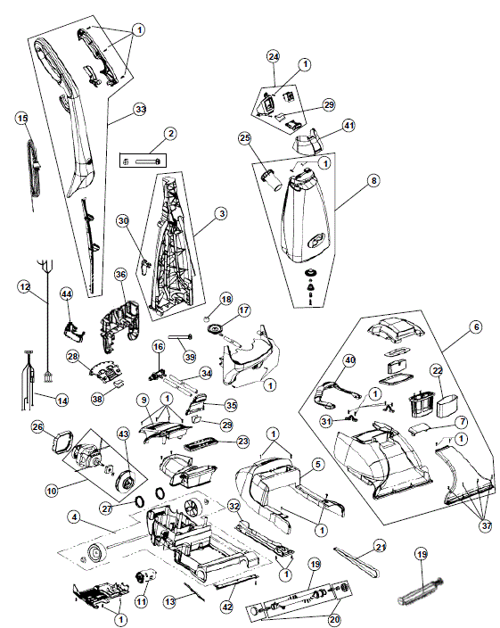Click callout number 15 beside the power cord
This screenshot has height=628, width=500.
pyautogui.click(x=22, y=118)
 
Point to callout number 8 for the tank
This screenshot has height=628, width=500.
pyautogui.click(x=373, y=179)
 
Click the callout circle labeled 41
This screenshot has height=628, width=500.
pyautogui.click(x=348, y=125)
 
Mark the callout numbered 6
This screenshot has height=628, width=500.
pyautogui.click(x=476, y=327)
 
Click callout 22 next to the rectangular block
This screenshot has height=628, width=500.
pyautogui.click(x=437, y=370)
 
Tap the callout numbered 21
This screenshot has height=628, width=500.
pyautogui.click(x=380, y=546)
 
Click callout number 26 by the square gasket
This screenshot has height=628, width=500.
pyautogui.click(x=37, y=427)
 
